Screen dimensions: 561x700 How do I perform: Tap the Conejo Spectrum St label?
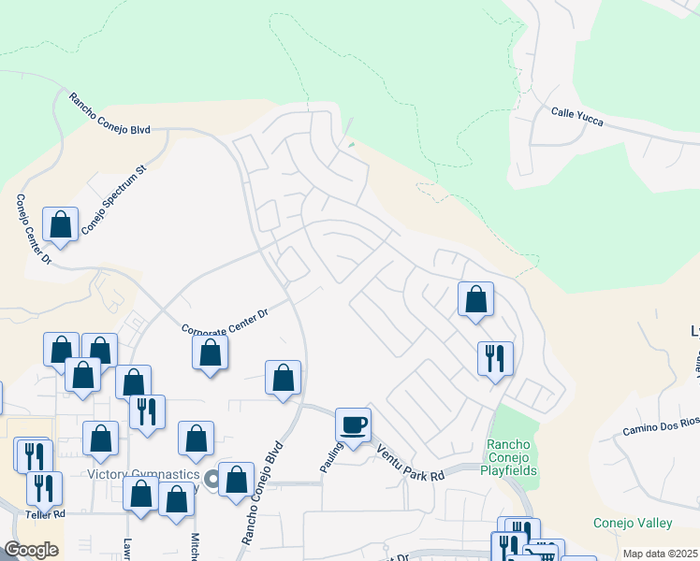(x=114, y=199)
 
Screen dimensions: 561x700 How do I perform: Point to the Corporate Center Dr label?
(x=225, y=323)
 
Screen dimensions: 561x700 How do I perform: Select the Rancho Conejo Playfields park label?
(x=512, y=458)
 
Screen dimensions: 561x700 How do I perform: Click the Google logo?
(x=31, y=549)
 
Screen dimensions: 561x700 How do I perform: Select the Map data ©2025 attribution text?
(x=660, y=554)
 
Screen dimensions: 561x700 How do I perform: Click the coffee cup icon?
(x=354, y=424)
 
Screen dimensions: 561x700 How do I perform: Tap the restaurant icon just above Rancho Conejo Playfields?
(x=495, y=357)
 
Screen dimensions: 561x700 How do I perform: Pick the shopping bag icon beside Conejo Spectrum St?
(x=61, y=224)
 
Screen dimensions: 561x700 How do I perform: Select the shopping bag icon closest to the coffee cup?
(x=283, y=378)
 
